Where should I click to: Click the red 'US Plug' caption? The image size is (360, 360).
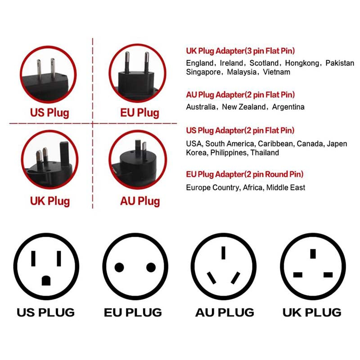coord(49,113)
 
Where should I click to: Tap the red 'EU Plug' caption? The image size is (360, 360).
coord(139,113)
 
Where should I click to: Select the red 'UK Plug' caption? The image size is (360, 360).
coord(50,201)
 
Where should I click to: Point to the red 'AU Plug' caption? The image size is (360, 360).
coord(140,201)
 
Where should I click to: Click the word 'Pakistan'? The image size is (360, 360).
coord(340,63)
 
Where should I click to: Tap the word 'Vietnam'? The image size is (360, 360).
coord(276,72)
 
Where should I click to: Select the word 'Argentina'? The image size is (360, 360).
coord(288,107)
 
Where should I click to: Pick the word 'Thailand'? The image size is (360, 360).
coord(265,153)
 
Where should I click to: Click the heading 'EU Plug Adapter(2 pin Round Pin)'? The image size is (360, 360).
coord(244,174)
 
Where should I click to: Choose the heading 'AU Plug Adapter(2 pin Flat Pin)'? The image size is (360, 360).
coord(240,94)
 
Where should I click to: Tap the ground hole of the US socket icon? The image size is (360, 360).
coord(46,280)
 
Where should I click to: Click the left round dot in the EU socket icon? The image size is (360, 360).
coord(119,267)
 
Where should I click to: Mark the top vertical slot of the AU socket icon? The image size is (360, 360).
coord(223,253)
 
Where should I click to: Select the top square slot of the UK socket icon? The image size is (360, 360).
coord(313,254)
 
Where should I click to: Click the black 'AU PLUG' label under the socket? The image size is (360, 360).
coord(225,312)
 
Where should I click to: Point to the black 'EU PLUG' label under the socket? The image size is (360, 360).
coord(133,312)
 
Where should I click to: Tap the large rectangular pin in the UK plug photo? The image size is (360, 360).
coord(64,153)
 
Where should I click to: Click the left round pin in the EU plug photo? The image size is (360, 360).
coord(127,62)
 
